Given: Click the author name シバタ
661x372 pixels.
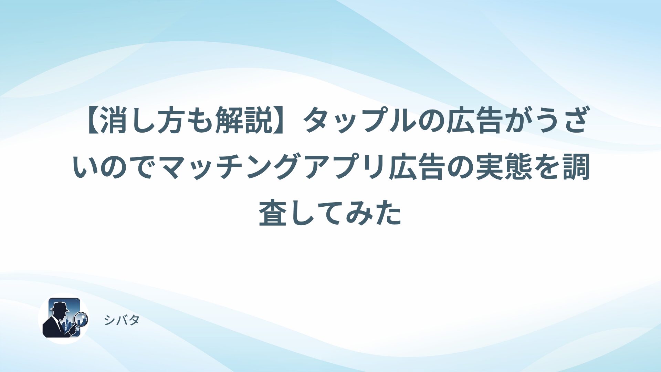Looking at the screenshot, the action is [122, 320].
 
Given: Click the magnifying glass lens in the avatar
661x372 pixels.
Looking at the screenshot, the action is [81, 319].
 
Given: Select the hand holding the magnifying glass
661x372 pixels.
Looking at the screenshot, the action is [73, 330].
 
